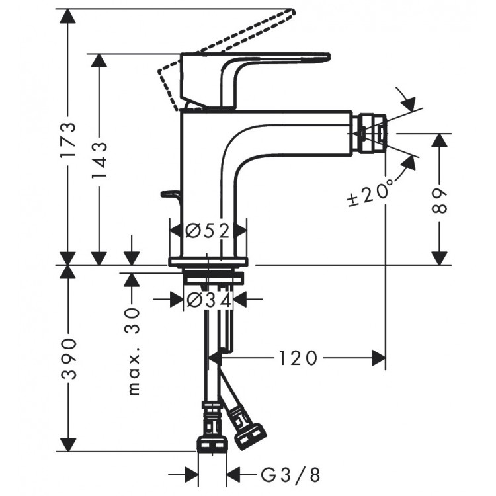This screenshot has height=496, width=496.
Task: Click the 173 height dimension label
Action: tap(68, 140)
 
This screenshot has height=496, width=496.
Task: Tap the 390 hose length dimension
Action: tap(68, 358)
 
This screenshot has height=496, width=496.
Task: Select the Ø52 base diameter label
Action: tap(208, 231)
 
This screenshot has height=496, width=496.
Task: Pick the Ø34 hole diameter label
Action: tap(208, 300)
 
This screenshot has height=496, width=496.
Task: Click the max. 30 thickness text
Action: tap(134, 351)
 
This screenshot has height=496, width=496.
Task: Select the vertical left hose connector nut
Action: tap(212, 436)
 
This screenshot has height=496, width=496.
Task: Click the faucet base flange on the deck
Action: tap(208, 261)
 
